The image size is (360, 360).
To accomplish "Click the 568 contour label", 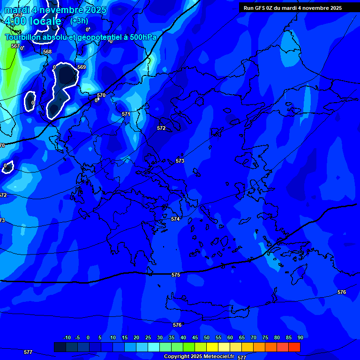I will click(x=47, y=52).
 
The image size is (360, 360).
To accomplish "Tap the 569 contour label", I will click(x=82, y=67).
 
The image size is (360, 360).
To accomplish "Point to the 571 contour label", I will click(x=126, y=114).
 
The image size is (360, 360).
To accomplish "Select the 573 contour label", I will click(x=180, y=161).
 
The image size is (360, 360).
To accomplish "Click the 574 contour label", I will click(x=175, y=219).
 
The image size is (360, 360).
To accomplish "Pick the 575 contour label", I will click(x=176, y=275).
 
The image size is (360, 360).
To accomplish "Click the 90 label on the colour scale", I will click(x=300, y=337).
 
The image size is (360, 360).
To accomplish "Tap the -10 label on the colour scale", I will click(x=67, y=337).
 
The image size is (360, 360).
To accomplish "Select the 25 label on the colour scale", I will click(x=148, y=337).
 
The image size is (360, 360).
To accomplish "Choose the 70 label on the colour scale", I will click(x=254, y=337).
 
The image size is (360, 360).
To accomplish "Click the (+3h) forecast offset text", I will click(x=79, y=21).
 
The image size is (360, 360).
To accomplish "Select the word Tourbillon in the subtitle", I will click(x=23, y=37).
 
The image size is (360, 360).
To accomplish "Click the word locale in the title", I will click(x=45, y=21).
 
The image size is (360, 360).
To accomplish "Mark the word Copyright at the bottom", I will click(x=177, y=357).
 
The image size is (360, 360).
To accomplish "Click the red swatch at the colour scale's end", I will click(x=294, y=347).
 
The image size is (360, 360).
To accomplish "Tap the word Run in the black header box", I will click(x=248, y=8).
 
